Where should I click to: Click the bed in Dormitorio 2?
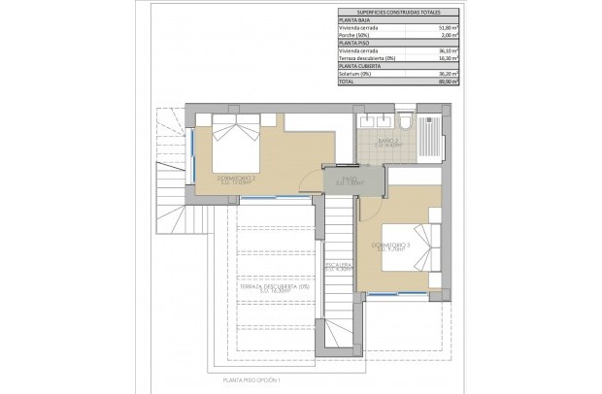coord(236,146)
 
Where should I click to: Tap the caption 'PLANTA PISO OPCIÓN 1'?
coord(250,380)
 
